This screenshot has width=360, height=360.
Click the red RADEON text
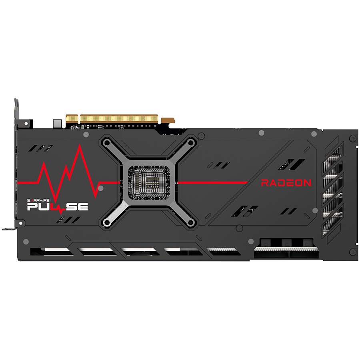[x=286, y=183]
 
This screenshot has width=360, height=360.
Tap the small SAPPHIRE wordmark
[x=38, y=200]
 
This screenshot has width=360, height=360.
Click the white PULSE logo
[x=58, y=207]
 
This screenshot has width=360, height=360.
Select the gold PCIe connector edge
[x=112, y=119]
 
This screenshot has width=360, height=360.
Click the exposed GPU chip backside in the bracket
[x=149, y=183]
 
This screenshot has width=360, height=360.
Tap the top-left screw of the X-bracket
[x=106, y=143]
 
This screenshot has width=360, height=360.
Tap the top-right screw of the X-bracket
[x=191, y=143]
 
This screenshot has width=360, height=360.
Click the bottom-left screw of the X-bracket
[x=106, y=222]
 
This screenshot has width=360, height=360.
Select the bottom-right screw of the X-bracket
[x=191, y=222]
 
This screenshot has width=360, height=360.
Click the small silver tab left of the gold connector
[x=57, y=124]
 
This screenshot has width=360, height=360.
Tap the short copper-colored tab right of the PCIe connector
[x=168, y=120]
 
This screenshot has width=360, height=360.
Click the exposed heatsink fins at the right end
[x=333, y=190]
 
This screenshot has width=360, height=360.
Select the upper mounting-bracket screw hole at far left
[x=26, y=124]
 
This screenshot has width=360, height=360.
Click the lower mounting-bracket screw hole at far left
[x=21, y=223]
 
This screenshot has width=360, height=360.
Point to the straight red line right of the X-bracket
[x=213, y=183]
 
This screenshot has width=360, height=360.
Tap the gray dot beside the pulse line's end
[x=100, y=188]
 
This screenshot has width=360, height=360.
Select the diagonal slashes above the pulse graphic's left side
[x=41, y=148]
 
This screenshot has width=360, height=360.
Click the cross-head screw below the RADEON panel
[x=239, y=228]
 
